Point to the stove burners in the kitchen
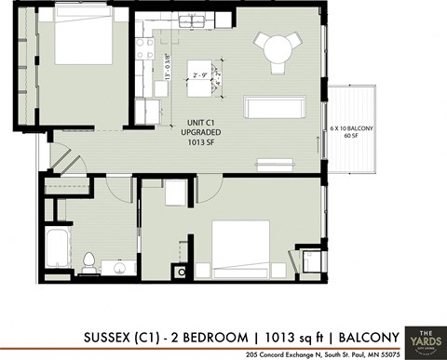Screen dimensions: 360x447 [x=146, y=48]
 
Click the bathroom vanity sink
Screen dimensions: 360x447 [x=115, y=267]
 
